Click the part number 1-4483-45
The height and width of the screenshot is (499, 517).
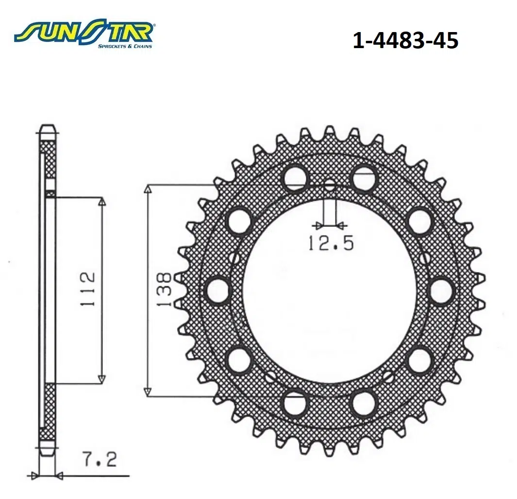coord(405,41)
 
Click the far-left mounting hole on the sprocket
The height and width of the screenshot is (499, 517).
coord(218,290)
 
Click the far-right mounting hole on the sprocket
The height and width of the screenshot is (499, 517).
coord(442,290)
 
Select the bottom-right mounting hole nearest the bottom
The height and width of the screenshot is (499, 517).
coord(365,402)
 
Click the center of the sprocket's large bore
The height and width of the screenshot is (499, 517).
coord(330,290)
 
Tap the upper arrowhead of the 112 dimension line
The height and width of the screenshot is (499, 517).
coord(101,201)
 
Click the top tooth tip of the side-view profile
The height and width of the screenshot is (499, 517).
coord(47,127)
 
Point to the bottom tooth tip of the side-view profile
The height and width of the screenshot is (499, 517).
coord(47,453)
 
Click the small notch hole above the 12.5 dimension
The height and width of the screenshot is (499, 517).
coord(330,186)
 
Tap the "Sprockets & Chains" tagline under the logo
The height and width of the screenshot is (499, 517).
coord(125,46)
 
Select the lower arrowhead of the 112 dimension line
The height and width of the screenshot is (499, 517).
coord(101,379)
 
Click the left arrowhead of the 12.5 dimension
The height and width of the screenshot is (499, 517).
coord(318,225)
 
